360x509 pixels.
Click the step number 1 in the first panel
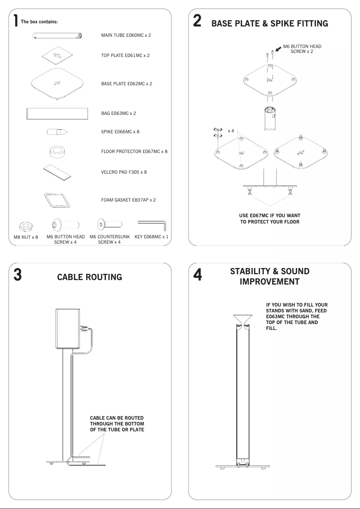(16, 20)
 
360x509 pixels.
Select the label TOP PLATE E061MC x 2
(125, 56)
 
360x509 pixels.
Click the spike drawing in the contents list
(57, 132)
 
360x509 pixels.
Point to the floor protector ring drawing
(57, 151)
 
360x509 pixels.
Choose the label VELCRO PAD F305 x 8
(124, 172)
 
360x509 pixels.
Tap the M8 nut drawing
(25, 225)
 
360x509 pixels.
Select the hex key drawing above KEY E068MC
(152, 224)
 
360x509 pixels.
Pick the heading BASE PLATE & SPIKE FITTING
(269, 23)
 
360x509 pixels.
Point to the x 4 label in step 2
(231, 131)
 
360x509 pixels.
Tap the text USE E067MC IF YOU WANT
(269, 216)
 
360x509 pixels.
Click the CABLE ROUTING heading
(89, 277)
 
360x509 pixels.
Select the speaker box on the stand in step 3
(67, 329)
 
